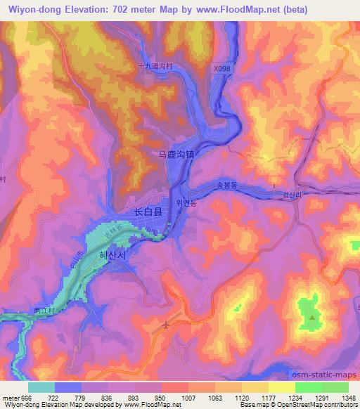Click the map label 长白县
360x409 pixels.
pos(148,211)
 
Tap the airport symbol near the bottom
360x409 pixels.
pos(166,325)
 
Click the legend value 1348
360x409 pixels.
pos(347,397)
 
